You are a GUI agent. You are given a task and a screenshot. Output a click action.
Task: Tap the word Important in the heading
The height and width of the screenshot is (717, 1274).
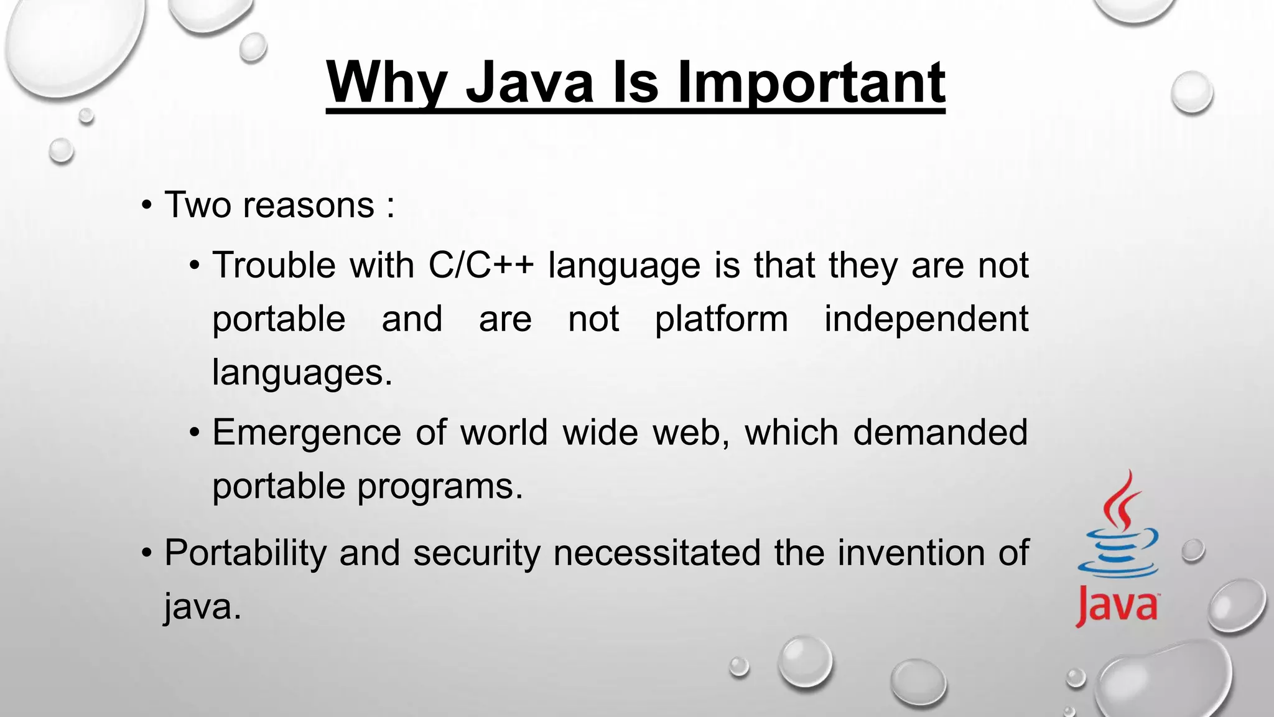pyautogui.click(x=811, y=83)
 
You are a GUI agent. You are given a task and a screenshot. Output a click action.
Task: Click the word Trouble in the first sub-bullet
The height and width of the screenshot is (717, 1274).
pyautogui.click(x=274, y=265)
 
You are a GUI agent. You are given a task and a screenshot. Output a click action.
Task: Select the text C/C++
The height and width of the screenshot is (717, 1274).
pyautogui.click(x=481, y=265)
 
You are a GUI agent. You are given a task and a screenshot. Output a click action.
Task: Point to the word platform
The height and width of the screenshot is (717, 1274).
pyautogui.click(x=721, y=319)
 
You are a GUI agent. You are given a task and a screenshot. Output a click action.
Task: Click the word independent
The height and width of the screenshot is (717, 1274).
pyautogui.click(x=926, y=319)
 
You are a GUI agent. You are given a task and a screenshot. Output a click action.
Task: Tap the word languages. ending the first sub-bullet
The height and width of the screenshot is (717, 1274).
pyautogui.click(x=302, y=373)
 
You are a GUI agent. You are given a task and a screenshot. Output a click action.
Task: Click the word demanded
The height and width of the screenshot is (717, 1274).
pyautogui.click(x=940, y=433)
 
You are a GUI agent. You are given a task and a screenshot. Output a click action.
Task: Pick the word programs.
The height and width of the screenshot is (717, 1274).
pyautogui.click(x=440, y=486)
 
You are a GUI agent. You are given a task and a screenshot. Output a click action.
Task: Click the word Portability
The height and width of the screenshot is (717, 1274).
pyautogui.click(x=245, y=553)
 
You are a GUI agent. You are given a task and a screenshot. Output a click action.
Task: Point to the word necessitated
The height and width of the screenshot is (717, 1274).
pyautogui.click(x=657, y=553)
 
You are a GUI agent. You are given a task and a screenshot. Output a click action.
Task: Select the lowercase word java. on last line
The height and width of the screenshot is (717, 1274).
pyautogui.click(x=202, y=606)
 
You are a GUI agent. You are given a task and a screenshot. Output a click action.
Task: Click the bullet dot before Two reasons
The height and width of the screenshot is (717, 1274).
pyautogui.click(x=146, y=206)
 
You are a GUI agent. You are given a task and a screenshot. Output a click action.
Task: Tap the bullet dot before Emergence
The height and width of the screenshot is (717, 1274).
pyautogui.click(x=195, y=433)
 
